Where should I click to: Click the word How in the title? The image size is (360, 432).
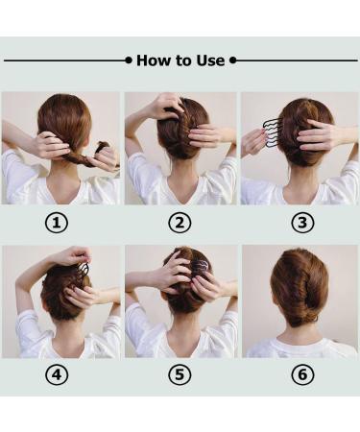[x=152, y=60]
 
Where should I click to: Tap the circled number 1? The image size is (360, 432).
[x=58, y=224]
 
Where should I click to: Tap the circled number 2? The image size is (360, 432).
[x=180, y=224]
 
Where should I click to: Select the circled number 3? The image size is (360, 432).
[x=302, y=224]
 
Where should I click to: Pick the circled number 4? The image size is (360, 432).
[x=58, y=375]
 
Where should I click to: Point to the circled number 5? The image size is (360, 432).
[x=180, y=375]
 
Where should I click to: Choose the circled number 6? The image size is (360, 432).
[x=302, y=375]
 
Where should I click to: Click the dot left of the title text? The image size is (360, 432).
[x=129, y=60]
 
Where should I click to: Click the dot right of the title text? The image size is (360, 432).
[x=231, y=60]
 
